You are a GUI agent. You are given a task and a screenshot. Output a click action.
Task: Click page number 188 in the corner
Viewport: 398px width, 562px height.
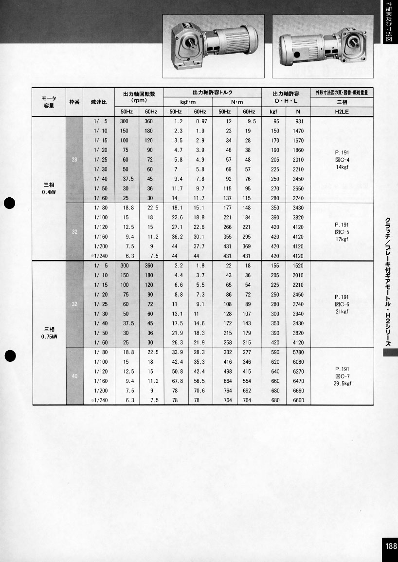[x=390, y=546]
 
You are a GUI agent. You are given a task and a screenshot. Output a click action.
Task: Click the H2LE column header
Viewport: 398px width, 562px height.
[x=342, y=112]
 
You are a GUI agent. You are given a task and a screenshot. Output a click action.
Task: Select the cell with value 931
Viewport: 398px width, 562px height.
[x=298, y=121]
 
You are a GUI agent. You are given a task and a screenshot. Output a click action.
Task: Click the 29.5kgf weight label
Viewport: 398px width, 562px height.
[x=342, y=383]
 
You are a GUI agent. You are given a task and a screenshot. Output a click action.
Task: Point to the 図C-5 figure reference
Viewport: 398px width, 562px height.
[x=342, y=232]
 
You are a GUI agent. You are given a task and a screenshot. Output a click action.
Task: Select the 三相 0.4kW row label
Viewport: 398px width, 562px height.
[x=49, y=188]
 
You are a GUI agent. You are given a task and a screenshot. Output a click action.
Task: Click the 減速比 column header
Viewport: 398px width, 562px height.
[x=99, y=102]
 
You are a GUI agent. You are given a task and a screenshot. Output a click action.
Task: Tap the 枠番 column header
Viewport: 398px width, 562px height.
[x=74, y=102]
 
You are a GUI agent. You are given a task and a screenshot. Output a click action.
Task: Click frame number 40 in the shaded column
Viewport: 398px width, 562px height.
[x=74, y=375]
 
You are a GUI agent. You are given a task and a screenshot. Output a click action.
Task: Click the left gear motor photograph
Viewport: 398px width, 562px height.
[x=214, y=46]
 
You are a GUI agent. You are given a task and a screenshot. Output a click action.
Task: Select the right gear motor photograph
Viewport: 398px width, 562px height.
[x=323, y=46]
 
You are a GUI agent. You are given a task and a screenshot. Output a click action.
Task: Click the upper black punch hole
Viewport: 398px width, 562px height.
[x=10, y=204]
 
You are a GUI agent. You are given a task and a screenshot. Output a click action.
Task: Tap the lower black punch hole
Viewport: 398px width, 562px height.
[x=10, y=356]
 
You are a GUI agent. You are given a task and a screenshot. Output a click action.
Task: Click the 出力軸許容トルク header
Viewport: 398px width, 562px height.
[x=212, y=93]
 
